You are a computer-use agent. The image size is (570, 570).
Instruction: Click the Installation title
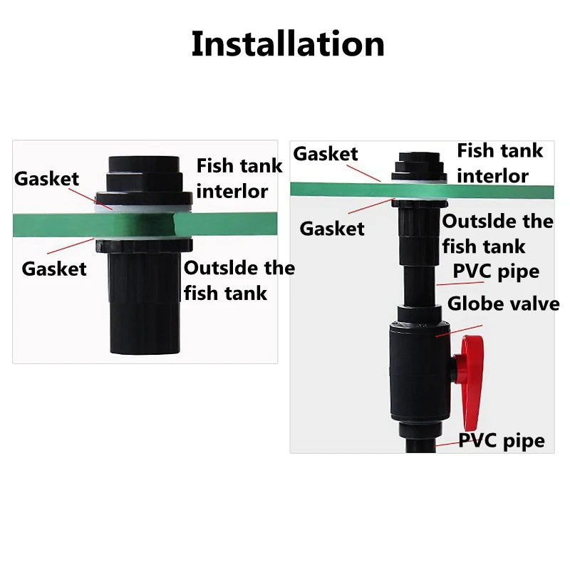(x=288, y=44)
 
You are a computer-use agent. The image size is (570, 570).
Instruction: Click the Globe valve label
(x=503, y=304)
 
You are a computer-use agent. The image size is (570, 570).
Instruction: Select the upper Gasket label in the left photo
(x=46, y=179)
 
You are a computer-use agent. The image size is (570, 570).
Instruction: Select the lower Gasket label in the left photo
(x=54, y=269)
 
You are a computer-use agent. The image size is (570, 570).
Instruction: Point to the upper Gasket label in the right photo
(x=326, y=154)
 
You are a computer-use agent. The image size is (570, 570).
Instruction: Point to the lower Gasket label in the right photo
(x=332, y=229)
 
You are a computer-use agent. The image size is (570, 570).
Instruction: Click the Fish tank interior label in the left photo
(x=239, y=178)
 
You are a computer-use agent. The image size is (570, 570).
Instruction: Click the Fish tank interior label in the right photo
(x=500, y=163)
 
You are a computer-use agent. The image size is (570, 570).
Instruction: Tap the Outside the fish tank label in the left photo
(x=239, y=280)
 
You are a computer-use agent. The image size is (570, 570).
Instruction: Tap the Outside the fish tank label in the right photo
(x=497, y=234)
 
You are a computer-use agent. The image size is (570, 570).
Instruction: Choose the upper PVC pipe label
(x=496, y=272)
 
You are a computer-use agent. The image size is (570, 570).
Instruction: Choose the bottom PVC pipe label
(x=502, y=441)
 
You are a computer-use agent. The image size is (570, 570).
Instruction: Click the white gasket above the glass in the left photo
(x=143, y=209)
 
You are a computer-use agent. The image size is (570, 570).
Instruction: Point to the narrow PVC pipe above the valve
(x=419, y=286)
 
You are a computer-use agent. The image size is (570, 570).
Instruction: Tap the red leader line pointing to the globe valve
(x=459, y=331)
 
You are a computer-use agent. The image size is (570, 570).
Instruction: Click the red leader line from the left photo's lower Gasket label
(x=71, y=246)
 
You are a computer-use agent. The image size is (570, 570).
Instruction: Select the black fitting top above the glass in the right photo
(x=420, y=167)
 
